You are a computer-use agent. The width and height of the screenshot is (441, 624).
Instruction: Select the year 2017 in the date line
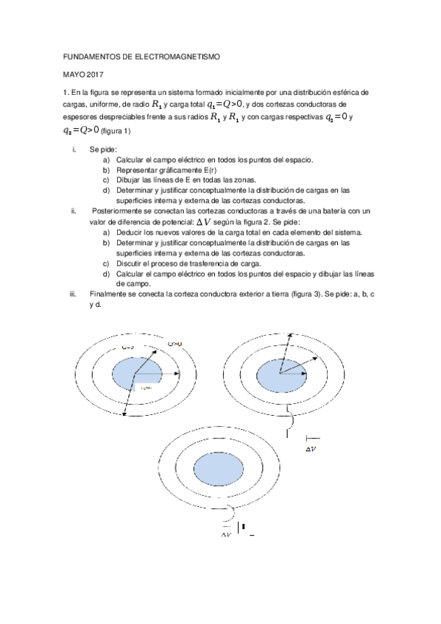click(x=95, y=74)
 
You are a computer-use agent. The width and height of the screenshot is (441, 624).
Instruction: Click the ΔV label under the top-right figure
click(x=311, y=447)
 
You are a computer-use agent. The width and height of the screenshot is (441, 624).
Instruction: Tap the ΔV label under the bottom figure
click(x=225, y=534)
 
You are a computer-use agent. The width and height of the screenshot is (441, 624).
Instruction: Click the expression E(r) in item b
click(x=188, y=169)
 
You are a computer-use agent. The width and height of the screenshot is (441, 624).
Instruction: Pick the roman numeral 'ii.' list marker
click(x=73, y=211)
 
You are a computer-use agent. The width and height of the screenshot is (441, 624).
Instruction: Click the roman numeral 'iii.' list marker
click(x=73, y=294)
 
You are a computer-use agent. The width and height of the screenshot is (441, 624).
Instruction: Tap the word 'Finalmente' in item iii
click(x=108, y=294)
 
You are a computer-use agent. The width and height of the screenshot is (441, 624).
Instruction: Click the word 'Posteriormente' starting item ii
click(x=119, y=211)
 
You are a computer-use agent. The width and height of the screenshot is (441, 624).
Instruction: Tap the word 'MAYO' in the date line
click(x=73, y=74)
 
